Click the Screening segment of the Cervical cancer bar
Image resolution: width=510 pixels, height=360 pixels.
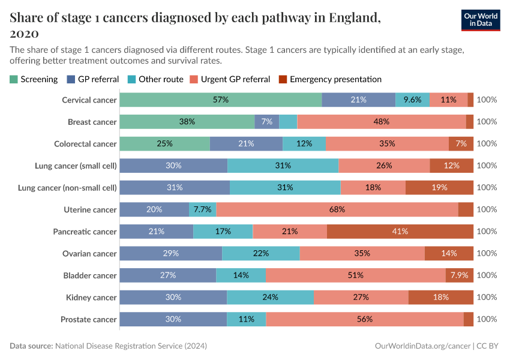coord(220,100)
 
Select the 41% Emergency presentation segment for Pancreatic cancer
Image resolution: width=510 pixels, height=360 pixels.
coord(400,232)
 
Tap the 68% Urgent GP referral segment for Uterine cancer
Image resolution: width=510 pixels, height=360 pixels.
coord(337,209)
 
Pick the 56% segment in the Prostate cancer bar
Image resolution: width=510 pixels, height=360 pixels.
coord(364,319)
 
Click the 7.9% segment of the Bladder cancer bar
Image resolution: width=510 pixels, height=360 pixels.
coord(459,275)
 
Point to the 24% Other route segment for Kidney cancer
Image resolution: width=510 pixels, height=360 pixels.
coord(270,297)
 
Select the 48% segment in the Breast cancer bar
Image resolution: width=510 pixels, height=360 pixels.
coord(381,122)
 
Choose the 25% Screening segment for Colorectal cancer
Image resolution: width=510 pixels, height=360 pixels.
coord(164,143)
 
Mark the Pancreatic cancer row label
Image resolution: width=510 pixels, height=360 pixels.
coord(85,232)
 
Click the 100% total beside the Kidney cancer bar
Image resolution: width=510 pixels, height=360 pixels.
coord(487,297)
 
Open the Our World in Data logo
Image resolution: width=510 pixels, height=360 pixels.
coord(480,20)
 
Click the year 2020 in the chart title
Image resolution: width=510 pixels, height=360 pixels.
coord(25,33)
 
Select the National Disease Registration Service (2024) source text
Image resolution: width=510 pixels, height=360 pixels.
coord(131,346)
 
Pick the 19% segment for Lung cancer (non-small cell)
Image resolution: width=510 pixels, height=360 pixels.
coord(439,187)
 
